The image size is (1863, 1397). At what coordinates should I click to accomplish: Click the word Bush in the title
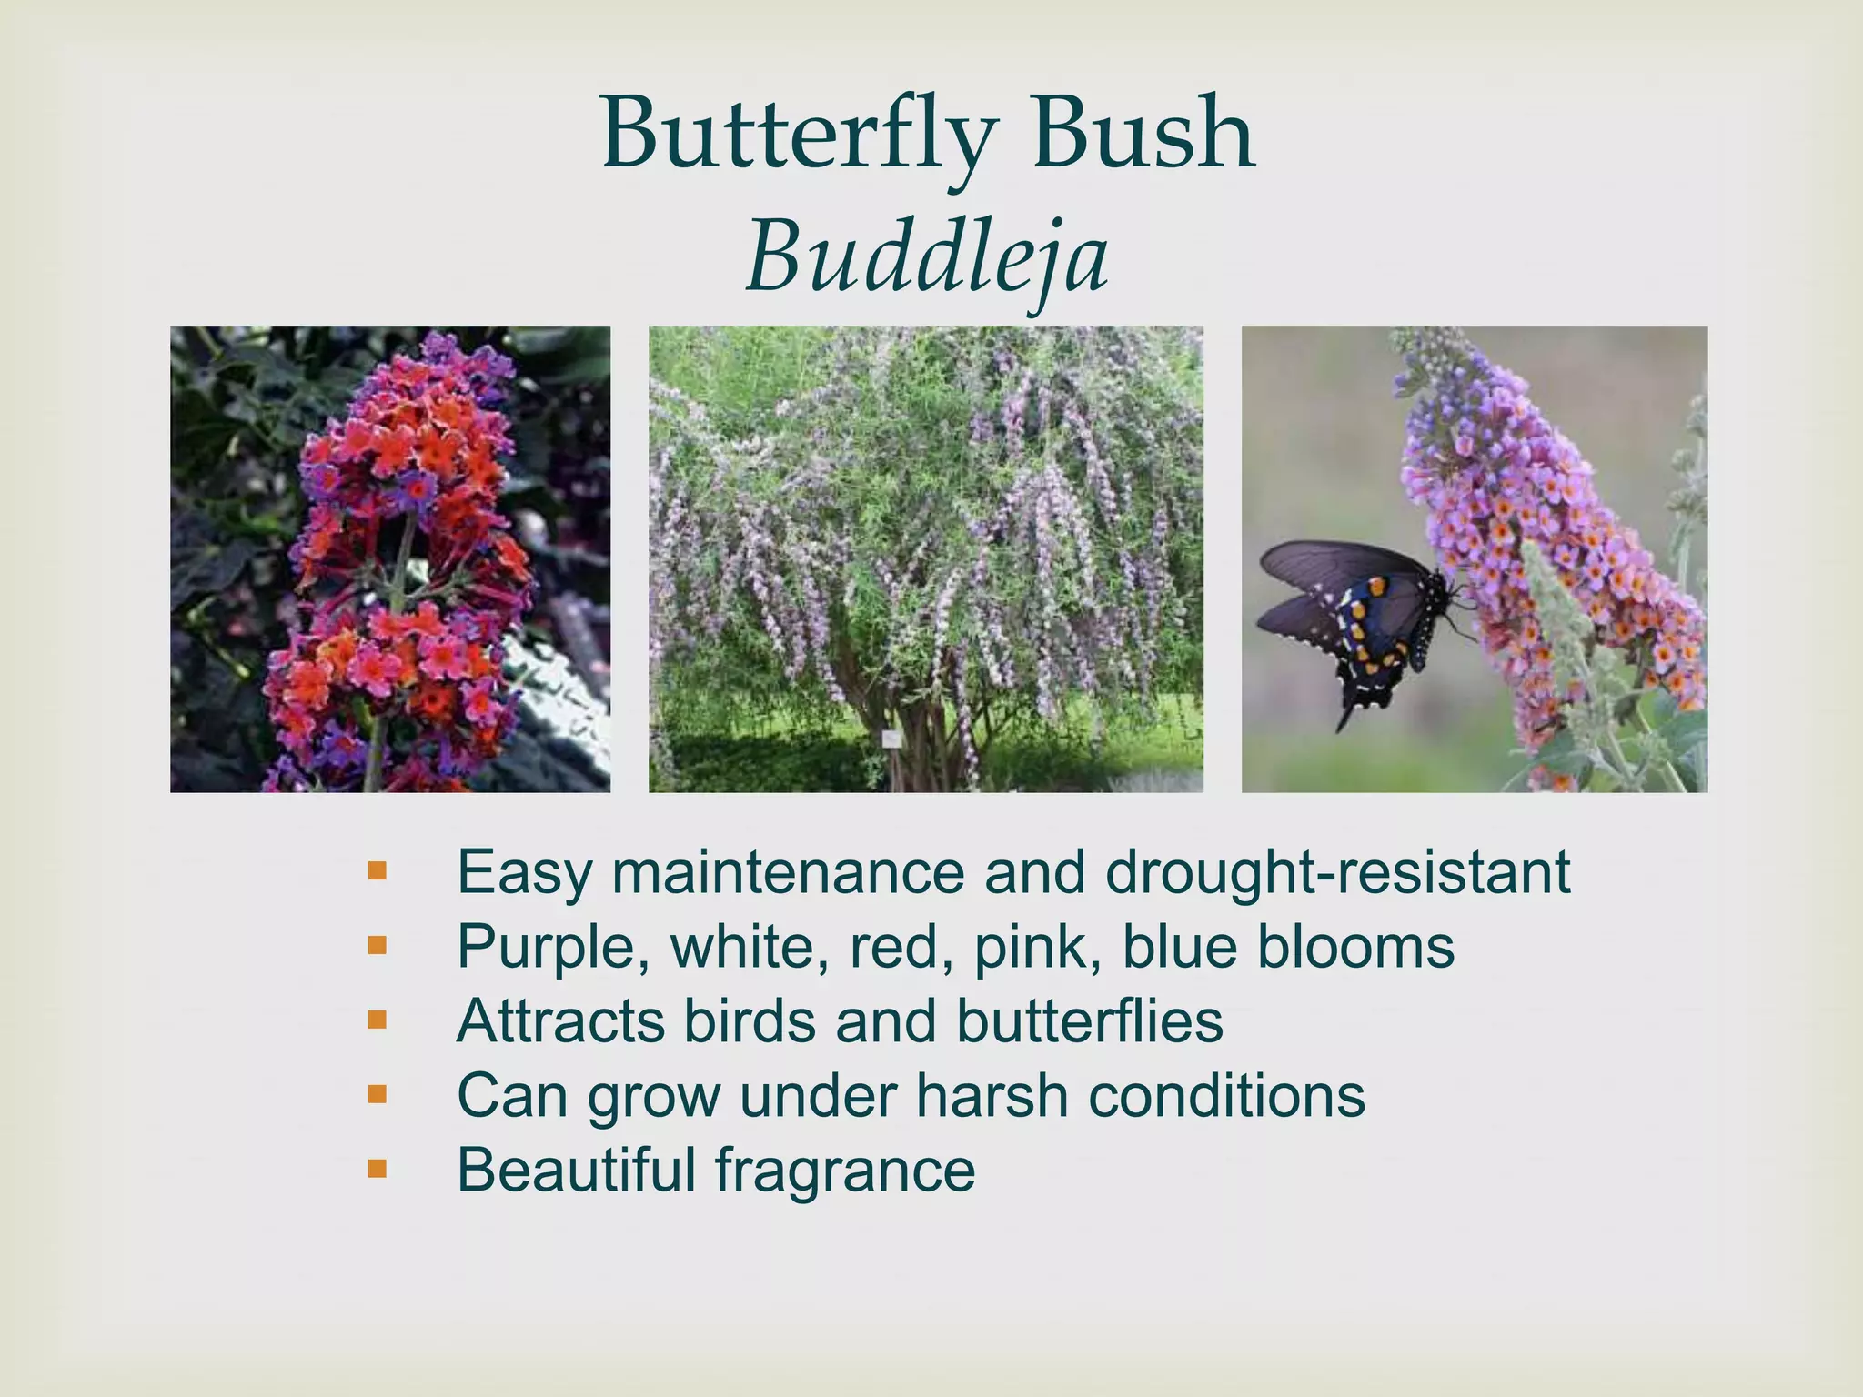tap(1143, 136)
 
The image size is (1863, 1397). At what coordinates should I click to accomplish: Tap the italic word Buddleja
tap(927, 259)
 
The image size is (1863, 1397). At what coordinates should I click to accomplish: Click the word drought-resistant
tap(1337, 873)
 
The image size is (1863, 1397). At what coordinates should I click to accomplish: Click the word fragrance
tap(845, 1171)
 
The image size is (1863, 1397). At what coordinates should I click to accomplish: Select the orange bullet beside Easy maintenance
tap(377, 871)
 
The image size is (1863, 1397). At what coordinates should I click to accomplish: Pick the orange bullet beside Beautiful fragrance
tap(377, 1168)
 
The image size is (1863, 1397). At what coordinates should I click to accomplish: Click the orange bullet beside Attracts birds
tap(377, 1020)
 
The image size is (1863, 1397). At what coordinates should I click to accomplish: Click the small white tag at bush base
tap(891, 739)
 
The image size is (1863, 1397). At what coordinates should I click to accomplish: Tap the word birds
tap(750, 1021)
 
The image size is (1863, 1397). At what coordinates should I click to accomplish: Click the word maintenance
tap(788, 873)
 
